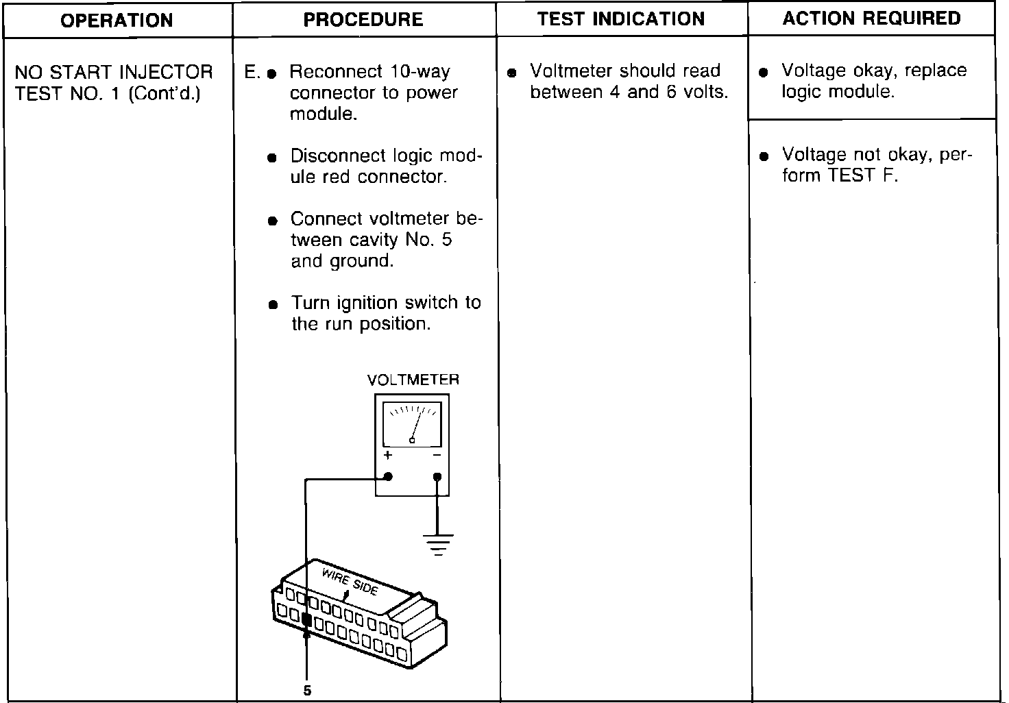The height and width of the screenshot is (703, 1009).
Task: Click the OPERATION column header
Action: coord(117,20)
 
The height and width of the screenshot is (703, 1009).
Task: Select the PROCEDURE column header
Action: coord(363,19)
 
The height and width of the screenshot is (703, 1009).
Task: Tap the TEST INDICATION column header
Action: coord(621,18)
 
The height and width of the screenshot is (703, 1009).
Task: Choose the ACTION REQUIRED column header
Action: coord(871,18)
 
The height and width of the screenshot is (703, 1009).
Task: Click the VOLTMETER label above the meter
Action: coord(413,380)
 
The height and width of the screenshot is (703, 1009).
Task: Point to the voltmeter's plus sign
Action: coord(388,456)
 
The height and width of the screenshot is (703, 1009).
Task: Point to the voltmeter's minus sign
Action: coord(437,456)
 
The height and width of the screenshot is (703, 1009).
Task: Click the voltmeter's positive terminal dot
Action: coord(388,477)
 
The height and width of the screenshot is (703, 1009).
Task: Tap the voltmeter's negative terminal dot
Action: coord(437,477)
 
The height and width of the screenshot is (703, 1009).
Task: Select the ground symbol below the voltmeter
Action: coord(438,543)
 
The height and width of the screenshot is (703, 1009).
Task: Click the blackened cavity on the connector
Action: coord(306,621)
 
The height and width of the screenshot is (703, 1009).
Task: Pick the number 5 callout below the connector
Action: coord(307,690)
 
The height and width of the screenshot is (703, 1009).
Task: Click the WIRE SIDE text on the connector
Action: coord(350,582)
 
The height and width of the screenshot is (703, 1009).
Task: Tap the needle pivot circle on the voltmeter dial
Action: coord(412,441)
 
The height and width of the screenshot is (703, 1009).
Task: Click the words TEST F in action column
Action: coord(862,176)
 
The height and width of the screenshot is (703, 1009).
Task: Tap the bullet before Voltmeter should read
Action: coord(511,73)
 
